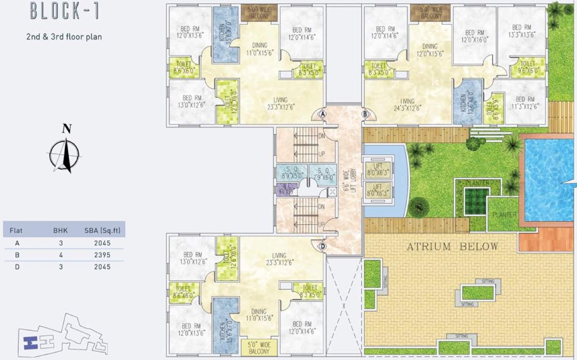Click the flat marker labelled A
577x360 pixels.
point(323,113)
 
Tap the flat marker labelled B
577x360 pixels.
point(365,113)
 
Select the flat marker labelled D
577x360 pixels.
point(322,246)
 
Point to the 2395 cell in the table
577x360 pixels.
point(102,255)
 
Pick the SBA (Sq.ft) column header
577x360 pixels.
point(101,231)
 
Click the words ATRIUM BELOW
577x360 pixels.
point(452,247)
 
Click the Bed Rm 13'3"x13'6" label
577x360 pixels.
point(521,31)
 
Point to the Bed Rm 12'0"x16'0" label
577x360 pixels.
point(474,36)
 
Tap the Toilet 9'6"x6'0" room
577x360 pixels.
point(527,67)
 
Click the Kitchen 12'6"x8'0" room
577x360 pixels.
point(467,101)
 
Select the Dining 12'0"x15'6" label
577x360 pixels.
point(429,50)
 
